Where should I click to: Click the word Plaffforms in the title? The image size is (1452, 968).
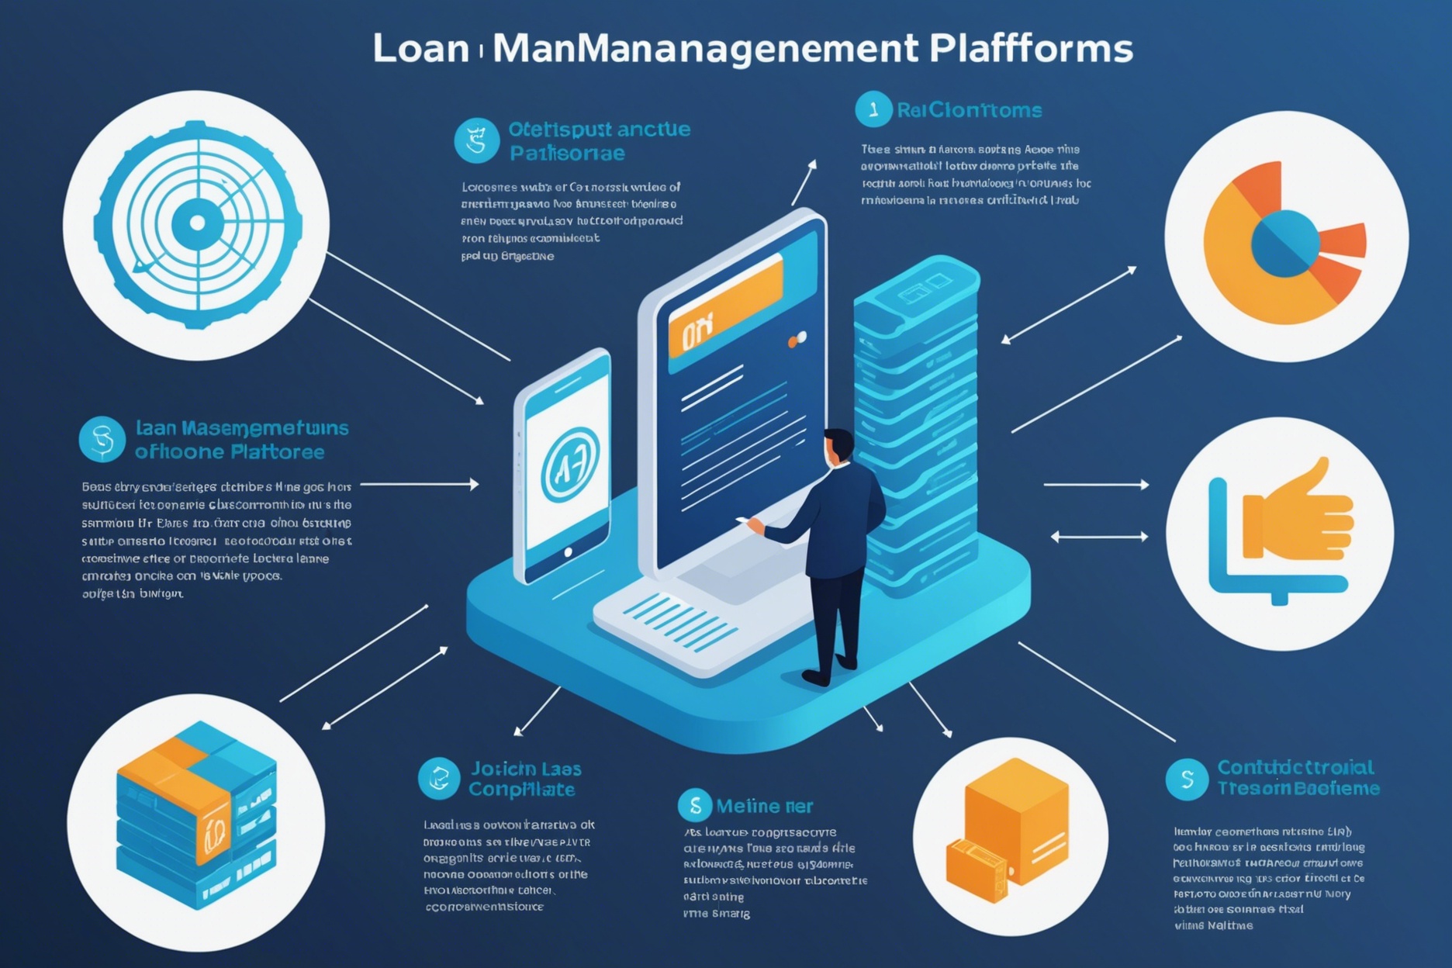coord(1030,48)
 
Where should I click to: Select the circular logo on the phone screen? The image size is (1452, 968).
coord(570,464)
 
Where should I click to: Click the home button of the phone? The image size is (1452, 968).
coord(569,552)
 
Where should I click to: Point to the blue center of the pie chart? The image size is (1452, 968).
coord(1284,244)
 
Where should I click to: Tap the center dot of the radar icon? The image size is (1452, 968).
coord(198,223)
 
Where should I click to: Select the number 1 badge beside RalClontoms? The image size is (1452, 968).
coord(873,109)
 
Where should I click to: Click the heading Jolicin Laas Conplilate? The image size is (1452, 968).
coord(524,779)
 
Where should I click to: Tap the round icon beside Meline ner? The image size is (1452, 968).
coord(695,806)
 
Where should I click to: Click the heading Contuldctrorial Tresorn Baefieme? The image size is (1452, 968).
coord(1297,778)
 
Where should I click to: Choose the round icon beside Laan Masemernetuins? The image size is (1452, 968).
coord(102,439)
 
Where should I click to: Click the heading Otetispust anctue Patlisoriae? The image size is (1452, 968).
coord(598,140)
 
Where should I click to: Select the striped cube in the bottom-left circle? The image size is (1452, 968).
coord(196,814)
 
